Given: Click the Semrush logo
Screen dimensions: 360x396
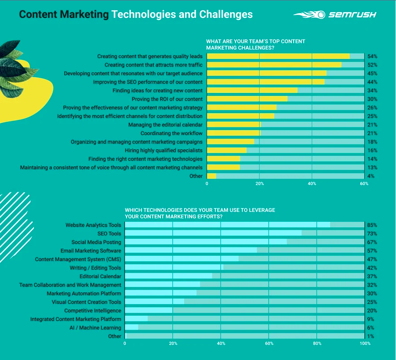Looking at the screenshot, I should tap(335, 14).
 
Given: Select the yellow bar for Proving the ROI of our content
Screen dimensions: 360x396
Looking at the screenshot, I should tap(247, 99).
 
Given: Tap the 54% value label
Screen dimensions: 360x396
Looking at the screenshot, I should tap(372, 56).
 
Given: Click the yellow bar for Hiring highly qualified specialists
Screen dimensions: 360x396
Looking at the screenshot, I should tap(227, 150).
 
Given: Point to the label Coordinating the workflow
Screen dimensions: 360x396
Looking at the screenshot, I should tap(171, 133).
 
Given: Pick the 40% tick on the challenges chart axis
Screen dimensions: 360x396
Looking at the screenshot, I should tap(312, 184).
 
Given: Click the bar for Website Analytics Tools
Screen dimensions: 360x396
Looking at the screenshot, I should tap(227, 225).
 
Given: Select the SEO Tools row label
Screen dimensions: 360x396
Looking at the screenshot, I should tap(109, 233).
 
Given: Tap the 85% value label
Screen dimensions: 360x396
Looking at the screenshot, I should tap(372, 225).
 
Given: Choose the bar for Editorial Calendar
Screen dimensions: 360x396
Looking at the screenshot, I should tap(169, 276).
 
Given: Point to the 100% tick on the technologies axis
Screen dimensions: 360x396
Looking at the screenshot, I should tap(365, 343).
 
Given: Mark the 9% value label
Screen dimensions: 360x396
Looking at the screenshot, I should tap(371, 319).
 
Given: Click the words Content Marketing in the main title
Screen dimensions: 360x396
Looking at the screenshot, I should tap(64, 14).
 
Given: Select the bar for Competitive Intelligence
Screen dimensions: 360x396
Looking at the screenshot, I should tap(148, 311).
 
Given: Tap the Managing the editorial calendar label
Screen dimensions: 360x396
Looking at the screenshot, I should tap(165, 125).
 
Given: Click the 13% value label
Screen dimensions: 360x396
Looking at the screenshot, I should tap(372, 167).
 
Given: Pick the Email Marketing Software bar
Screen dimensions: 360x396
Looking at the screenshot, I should tap(191, 250).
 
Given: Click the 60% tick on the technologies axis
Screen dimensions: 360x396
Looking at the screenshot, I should tap(269, 343).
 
